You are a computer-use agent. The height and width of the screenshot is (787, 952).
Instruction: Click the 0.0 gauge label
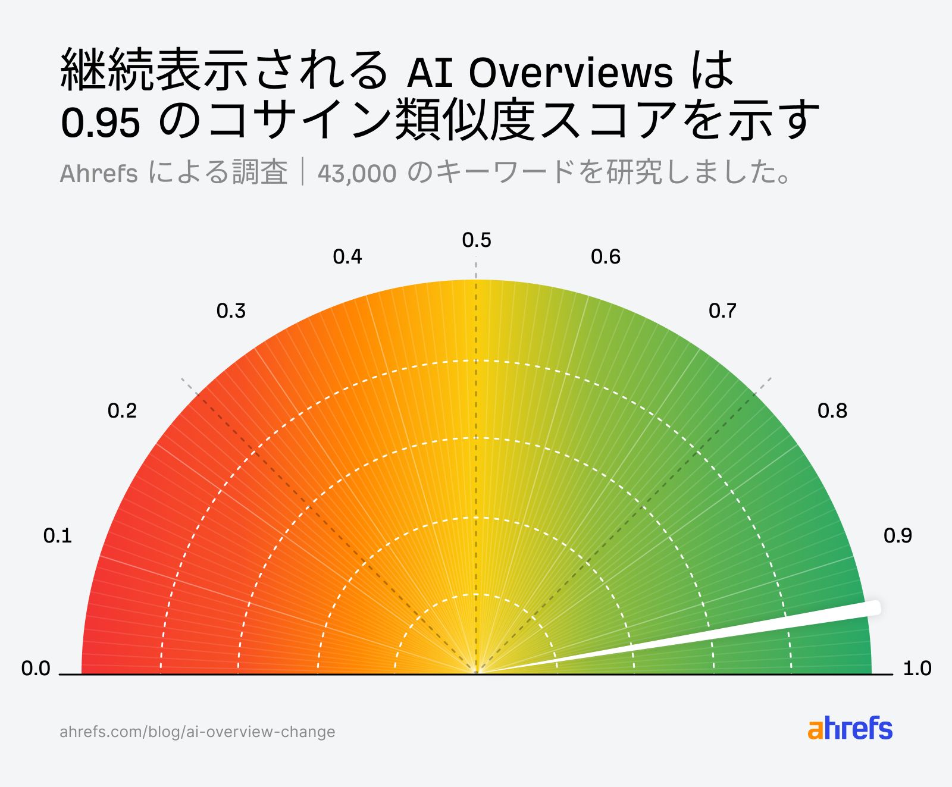point(36,669)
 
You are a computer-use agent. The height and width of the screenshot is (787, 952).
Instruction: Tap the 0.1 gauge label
point(58,536)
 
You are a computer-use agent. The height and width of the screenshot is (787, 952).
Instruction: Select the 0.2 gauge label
point(122,411)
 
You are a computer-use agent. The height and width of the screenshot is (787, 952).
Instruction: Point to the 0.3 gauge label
point(231,311)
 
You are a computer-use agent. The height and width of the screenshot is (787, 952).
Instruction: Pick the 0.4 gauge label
point(347,257)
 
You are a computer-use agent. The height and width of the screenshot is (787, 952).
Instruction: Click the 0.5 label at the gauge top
point(477,240)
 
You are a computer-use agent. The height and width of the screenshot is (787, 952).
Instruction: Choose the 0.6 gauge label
point(606,257)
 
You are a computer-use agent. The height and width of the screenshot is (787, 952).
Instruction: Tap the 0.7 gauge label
point(722,311)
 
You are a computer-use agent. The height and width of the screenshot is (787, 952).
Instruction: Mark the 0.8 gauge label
point(832,411)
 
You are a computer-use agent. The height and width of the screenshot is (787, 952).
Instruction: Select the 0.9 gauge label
point(898,536)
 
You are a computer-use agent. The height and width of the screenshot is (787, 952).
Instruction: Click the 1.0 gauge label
point(917,669)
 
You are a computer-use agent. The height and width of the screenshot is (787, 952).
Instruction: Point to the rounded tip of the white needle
point(873,608)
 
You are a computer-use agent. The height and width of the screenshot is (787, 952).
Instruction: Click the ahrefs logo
point(850,729)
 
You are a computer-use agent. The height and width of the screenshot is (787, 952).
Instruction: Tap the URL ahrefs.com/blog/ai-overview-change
point(198,732)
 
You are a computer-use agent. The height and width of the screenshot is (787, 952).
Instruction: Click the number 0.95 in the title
point(101,123)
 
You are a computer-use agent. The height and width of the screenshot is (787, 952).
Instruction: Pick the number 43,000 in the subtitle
point(357,174)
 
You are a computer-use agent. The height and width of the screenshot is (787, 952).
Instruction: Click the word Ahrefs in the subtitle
point(99,174)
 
